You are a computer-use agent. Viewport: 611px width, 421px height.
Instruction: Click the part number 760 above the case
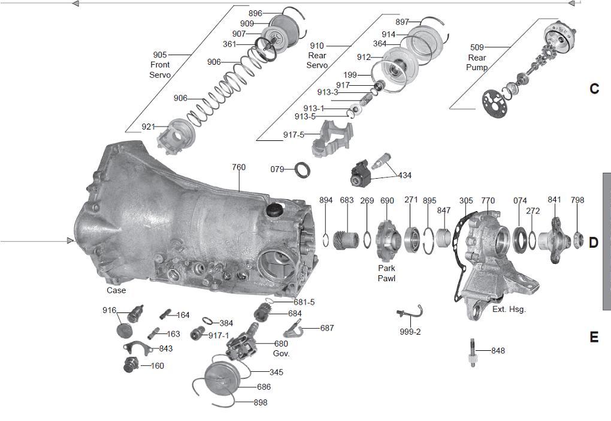click(238, 167)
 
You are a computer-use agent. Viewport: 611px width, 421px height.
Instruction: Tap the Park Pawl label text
click(386, 273)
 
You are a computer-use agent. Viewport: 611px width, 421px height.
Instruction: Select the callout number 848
click(498, 350)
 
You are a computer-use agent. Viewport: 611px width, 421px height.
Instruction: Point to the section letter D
click(593, 243)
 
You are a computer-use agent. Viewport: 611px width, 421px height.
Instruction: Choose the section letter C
click(594, 89)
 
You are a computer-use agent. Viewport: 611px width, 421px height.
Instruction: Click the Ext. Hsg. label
click(509, 309)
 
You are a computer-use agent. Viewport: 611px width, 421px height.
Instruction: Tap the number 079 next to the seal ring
click(277, 169)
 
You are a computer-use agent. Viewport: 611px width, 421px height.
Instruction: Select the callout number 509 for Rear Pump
click(477, 47)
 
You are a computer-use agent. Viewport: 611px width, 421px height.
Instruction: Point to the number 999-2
click(410, 332)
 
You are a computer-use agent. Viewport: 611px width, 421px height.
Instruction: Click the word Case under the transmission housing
click(116, 290)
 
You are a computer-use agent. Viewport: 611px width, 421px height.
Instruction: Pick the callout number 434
click(405, 175)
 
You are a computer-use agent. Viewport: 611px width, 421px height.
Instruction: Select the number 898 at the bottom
click(260, 402)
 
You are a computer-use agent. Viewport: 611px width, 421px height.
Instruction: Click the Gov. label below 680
click(281, 353)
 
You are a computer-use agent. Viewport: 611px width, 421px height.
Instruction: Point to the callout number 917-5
click(294, 135)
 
